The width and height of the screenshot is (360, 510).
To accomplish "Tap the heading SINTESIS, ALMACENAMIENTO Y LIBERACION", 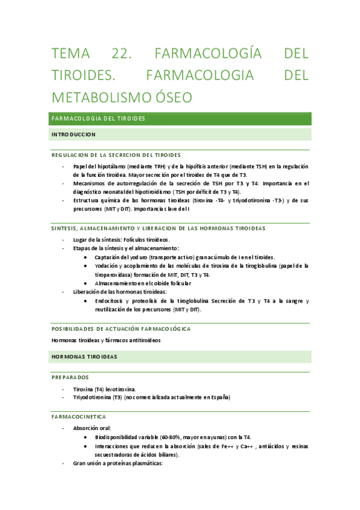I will (x=158, y=229).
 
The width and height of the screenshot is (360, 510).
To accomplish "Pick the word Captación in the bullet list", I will (x=108, y=257).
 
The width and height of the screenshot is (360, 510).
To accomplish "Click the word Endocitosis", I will (x=109, y=301).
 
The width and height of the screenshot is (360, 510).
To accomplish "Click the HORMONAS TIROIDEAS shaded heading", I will (x=84, y=357).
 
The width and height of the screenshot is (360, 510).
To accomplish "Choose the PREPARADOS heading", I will (x=70, y=377).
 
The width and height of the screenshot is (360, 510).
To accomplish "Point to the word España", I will (x=220, y=398).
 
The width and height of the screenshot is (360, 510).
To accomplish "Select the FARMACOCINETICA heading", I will (x=79, y=416).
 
